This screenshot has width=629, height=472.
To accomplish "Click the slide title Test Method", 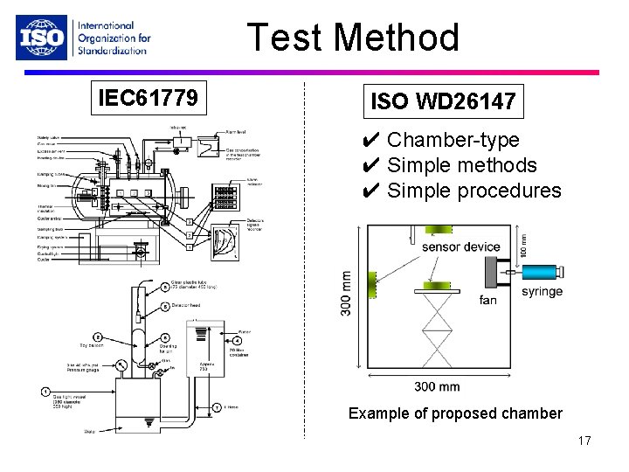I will (x=353, y=38).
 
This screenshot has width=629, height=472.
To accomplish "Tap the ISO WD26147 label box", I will (x=443, y=101).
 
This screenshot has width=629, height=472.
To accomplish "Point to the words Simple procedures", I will (x=473, y=191).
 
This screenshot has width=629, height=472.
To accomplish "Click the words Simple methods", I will (x=461, y=165).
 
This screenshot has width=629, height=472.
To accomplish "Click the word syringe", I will (x=542, y=292).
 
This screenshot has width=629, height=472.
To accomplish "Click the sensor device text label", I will (x=460, y=246).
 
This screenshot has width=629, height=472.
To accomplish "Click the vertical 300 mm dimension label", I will (x=347, y=292).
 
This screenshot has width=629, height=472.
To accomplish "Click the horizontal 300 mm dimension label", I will (x=437, y=387).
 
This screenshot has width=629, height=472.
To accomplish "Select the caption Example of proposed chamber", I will (x=455, y=413).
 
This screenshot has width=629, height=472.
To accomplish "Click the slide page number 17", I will (x=584, y=441).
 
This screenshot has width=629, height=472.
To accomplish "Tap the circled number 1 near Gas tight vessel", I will (x=45, y=392).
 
